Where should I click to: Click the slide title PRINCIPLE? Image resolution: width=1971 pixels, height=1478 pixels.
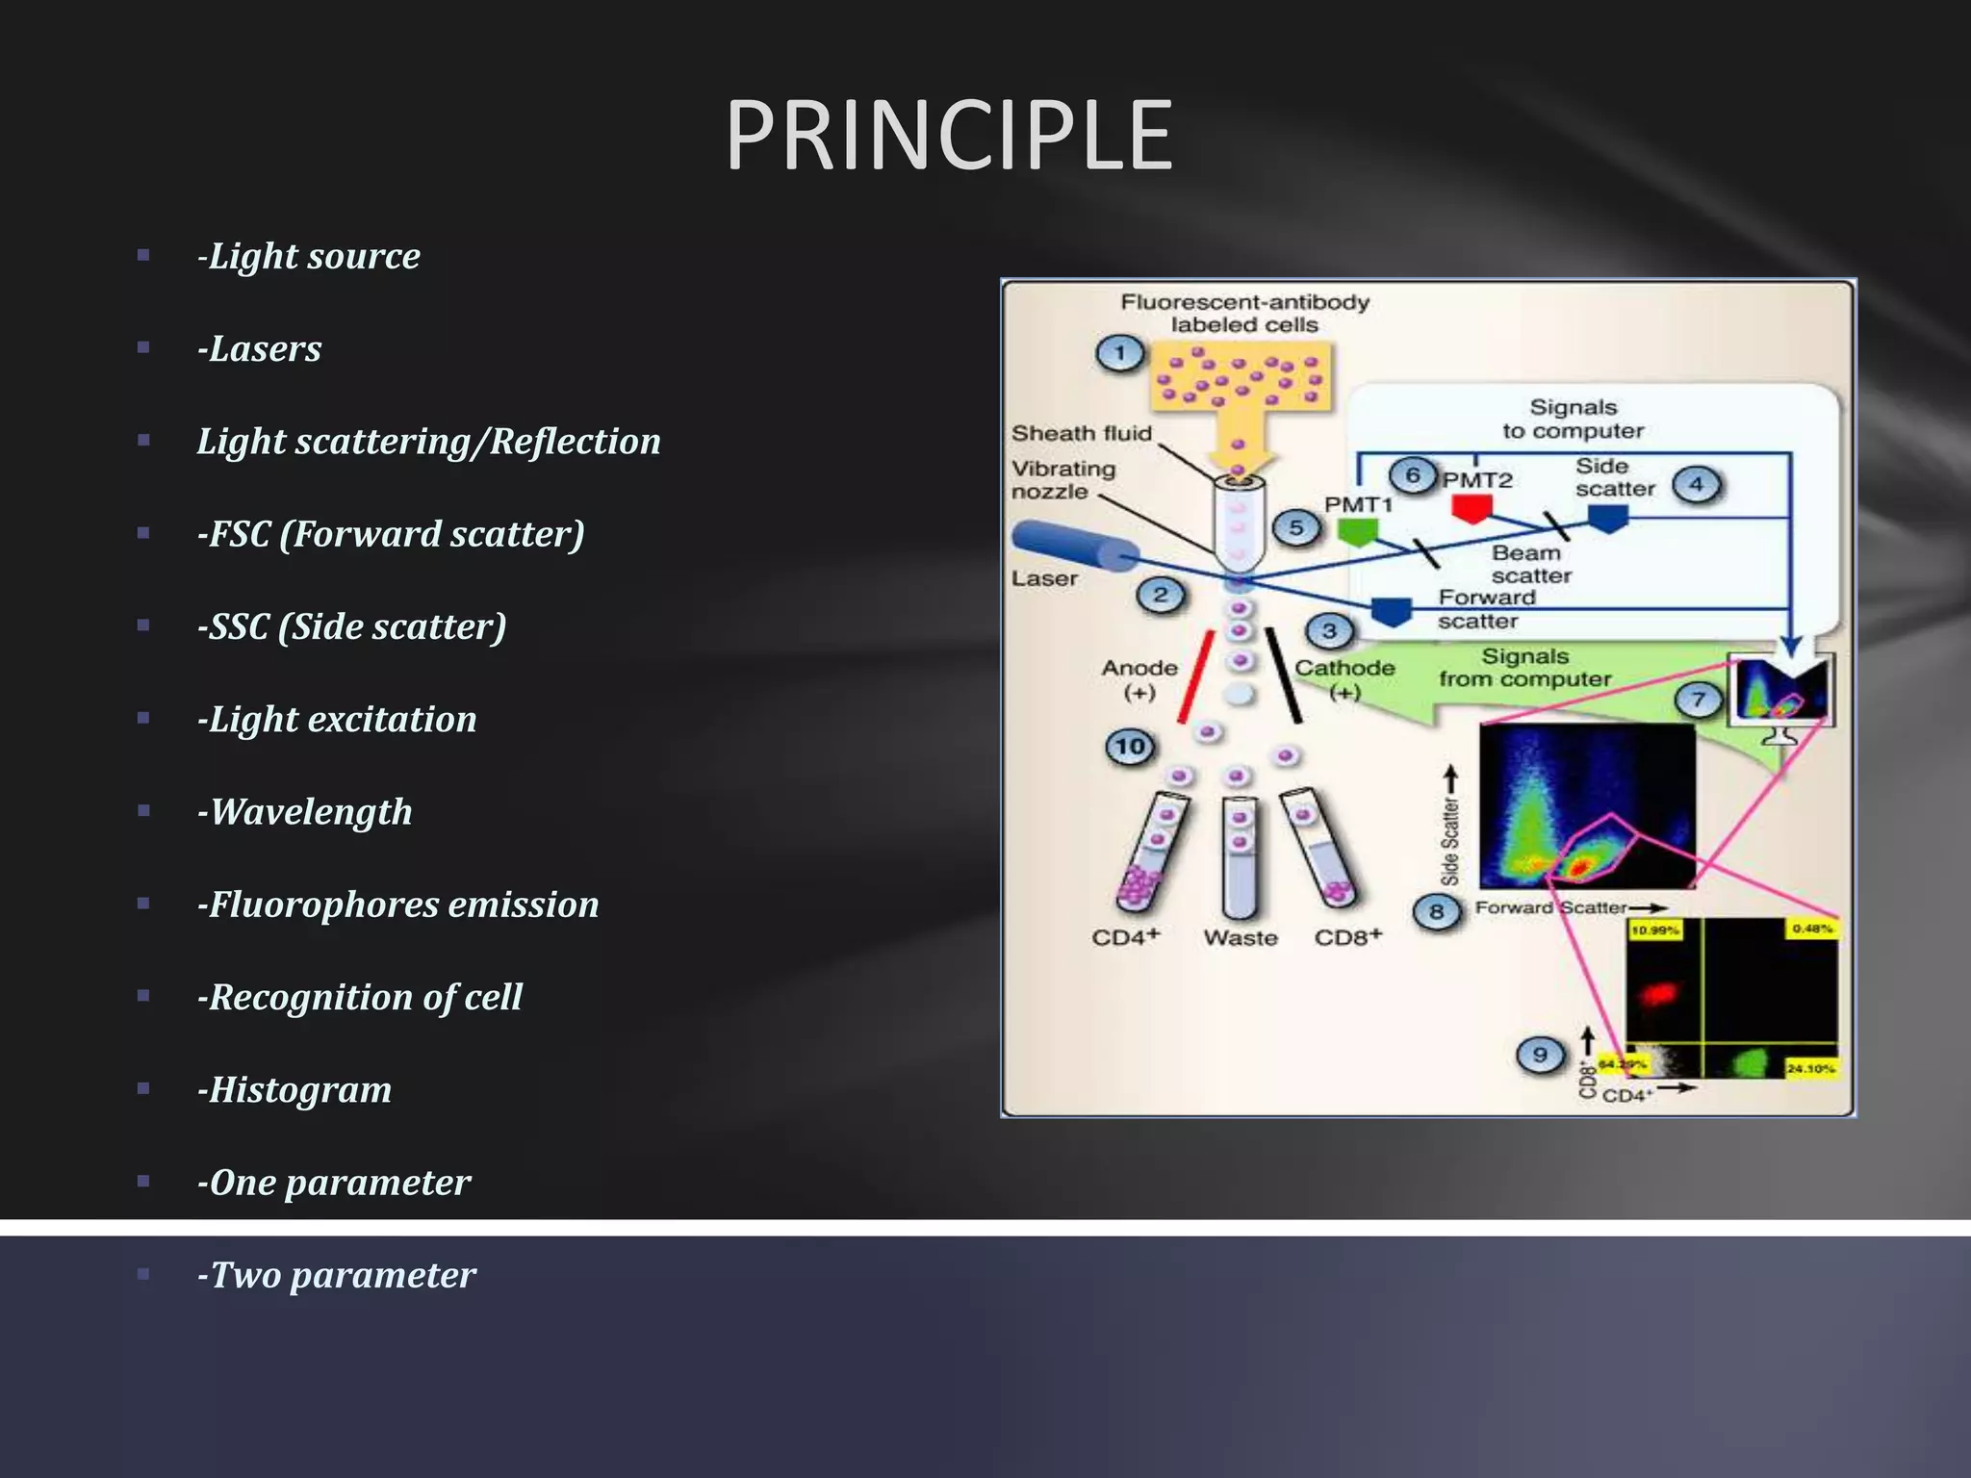pyautogui.click(x=948, y=136)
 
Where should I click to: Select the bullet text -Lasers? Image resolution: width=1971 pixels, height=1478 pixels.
pyautogui.click(x=259, y=348)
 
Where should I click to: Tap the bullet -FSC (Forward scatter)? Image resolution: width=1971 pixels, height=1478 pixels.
pyautogui.click(x=390, y=534)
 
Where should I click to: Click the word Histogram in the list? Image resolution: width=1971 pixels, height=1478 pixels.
pyautogui.click(x=299, y=1089)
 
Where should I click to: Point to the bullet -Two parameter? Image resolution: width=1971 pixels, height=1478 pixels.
pyautogui.click(x=336, y=1275)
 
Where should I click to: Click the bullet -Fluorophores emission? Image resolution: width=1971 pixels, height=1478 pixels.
pyautogui.click(x=397, y=905)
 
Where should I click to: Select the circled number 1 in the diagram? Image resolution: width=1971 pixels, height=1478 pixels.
pyautogui.click(x=1119, y=353)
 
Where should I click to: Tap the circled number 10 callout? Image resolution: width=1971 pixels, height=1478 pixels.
pyautogui.click(x=1130, y=746)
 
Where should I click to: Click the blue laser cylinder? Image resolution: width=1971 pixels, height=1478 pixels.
pyautogui.click(x=1073, y=547)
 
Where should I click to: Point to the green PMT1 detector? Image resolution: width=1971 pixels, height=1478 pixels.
pyautogui.click(x=1357, y=531)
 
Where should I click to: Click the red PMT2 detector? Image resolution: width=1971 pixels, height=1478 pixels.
pyautogui.click(x=1472, y=507)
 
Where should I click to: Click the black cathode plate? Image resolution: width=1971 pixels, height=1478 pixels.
pyautogui.click(x=1284, y=675)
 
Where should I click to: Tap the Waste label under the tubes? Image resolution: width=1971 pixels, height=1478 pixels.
pyautogui.click(x=1241, y=937)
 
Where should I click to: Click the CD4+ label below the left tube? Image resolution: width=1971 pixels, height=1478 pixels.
pyautogui.click(x=1125, y=937)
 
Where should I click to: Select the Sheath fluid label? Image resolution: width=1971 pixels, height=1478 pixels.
pyautogui.click(x=1081, y=433)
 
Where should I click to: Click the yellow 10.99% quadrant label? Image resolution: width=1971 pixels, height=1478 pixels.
pyautogui.click(x=1655, y=930)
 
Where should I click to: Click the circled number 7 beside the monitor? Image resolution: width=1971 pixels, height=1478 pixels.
pyautogui.click(x=1698, y=700)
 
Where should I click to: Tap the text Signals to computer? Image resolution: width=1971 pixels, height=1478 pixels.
pyautogui.click(x=1573, y=420)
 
